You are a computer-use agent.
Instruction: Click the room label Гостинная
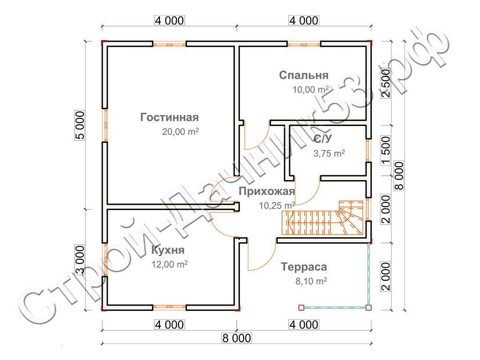[x=170, y=117]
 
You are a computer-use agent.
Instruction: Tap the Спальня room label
[x=304, y=75]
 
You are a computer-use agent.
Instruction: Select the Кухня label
[x=168, y=250]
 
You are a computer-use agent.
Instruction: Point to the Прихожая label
[x=266, y=191]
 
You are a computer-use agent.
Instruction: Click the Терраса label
[x=304, y=267]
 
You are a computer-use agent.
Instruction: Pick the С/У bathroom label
[x=323, y=139]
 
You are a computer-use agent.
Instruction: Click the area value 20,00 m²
[x=180, y=132]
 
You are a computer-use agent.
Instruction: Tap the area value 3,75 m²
[x=329, y=153]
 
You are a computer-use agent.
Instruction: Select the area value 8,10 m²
[x=310, y=281]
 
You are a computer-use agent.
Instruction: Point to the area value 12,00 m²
[x=169, y=264]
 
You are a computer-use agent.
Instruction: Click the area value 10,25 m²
[x=277, y=205]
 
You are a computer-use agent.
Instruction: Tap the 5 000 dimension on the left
[x=80, y=125]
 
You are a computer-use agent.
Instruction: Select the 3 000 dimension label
[x=80, y=260]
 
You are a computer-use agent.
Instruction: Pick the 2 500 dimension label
[x=386, y=83]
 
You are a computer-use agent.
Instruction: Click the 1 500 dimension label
[x=386, y=151]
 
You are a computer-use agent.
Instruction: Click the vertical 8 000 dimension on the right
[x=399, y=176]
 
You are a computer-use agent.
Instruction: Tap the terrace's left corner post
[x=301, y=307]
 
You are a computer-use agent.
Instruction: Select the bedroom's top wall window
[x=304, y=44]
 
